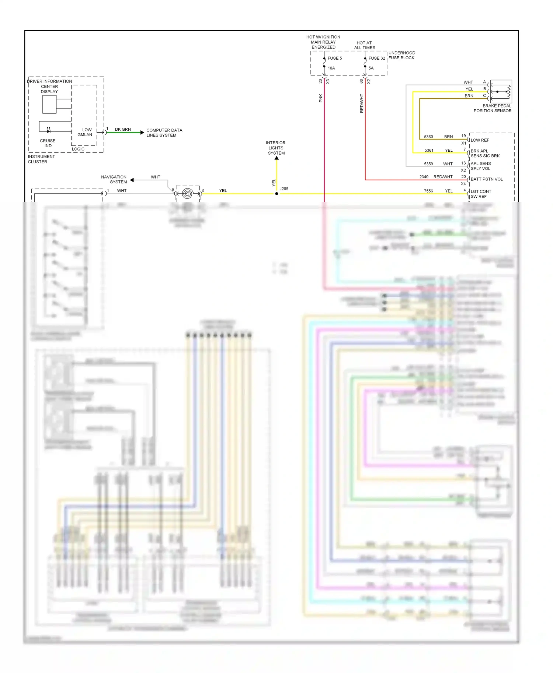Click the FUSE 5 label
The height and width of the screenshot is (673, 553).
[x=334, y=58]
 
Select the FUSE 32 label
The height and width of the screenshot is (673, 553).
[x=376, y=58]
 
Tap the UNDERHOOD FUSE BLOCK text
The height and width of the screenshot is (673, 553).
[x=401, y=55]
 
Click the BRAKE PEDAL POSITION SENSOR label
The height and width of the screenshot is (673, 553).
[x=493, y=108]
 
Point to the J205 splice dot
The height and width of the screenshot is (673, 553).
[x=276, y=194]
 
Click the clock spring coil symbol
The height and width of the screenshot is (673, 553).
[x=188, y=194]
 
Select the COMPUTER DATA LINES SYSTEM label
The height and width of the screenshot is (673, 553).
[x=164, y=133]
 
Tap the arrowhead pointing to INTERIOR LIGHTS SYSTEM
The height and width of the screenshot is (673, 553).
[x=276, y=158]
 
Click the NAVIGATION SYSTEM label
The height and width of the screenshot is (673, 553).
[x=114, y=179]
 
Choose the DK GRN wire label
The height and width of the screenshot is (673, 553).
[x=123, y=129]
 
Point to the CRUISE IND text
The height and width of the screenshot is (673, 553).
[x=48, y=143]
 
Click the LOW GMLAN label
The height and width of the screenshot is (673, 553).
[x=86, y=132]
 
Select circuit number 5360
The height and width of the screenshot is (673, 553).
[x=428, y=137]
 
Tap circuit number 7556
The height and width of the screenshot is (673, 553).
[x=428, y=191]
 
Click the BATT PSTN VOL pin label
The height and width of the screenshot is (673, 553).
[x=487, y=179]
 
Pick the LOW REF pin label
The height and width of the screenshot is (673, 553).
[x=480, y=140]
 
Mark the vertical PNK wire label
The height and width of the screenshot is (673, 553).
[x=321, y=98]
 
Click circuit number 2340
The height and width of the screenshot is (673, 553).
[x=424, y=177]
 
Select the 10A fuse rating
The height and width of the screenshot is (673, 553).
[x=331, y=68]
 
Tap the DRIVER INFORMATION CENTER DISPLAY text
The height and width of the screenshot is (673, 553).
[x=49, y=87]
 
